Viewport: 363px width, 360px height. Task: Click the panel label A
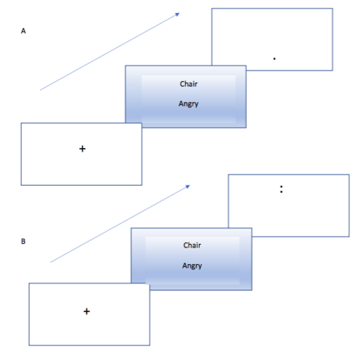(23, 31)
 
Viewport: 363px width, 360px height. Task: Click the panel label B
(23, 241)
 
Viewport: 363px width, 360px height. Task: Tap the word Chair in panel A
(189, 83)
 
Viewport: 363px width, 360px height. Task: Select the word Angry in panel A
(189, 104)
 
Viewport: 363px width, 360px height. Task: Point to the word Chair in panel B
(192, 245)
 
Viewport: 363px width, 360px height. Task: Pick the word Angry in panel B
(192, 266)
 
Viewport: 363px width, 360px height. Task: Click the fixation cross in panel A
(82, 149)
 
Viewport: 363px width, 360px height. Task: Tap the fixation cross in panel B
(86, 311)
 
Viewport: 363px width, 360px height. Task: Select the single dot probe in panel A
(274, 59)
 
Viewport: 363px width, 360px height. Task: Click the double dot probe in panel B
(281, 189)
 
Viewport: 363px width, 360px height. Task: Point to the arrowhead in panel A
(177, 15)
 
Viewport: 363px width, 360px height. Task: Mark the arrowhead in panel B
(188, 187)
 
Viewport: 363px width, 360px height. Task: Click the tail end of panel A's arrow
(40, 90)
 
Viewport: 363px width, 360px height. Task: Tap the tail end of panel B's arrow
(51, 262)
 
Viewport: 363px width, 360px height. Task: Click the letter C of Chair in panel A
(182, 84)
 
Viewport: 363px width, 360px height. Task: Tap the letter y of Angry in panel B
(200, 266)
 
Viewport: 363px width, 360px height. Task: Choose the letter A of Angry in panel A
(181, 104)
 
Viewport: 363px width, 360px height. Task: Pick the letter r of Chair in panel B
(200, 246)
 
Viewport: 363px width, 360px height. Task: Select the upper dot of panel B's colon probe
(281, 187)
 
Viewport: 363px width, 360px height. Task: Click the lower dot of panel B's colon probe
(281, 192)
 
